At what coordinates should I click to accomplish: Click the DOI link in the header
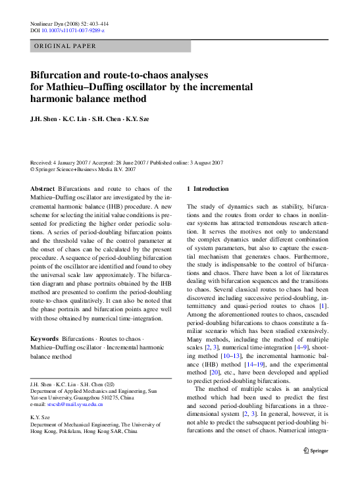coord(74,31)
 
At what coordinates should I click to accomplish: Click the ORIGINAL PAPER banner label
coord(65,46)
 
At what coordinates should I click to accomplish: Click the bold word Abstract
coord(42,189)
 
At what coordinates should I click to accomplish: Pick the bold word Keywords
coord(45,339)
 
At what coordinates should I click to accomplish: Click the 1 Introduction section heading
coord(210,189)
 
